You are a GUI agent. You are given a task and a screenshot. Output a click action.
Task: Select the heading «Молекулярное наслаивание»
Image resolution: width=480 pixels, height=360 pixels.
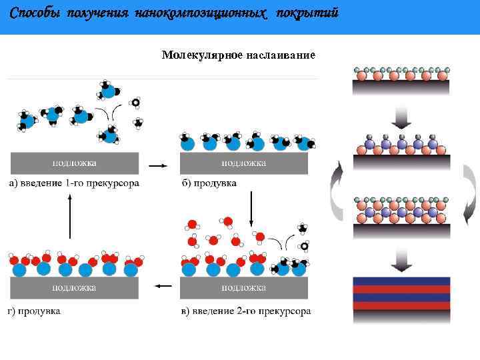coord(238,55)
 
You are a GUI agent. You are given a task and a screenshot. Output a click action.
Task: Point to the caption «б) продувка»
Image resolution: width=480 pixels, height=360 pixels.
coord(209,183)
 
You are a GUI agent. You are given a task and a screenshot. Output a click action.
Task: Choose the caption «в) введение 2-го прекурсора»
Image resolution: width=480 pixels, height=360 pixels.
coord(246,311)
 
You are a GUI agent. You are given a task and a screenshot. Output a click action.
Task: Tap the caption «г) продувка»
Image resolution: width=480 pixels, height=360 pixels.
coord(35,311)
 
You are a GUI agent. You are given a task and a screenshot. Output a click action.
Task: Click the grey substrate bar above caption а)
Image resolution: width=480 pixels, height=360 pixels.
coord(75,163)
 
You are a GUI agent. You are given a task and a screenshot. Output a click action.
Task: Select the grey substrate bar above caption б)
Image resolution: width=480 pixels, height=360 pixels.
coord(244,163)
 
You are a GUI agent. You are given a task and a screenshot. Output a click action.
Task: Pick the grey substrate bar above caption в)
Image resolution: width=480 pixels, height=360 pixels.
coord(244,288)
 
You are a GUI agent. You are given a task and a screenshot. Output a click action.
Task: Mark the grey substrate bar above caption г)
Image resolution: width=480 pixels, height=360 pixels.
coord(75,288)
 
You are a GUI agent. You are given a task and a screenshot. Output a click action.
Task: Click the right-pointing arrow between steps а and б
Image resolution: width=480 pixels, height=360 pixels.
coord(157,164)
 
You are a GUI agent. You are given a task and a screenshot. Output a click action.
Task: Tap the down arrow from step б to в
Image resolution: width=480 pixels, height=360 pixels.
coord(251,208)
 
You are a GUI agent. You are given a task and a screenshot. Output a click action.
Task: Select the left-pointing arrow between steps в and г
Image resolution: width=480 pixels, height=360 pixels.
coord(163,287)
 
